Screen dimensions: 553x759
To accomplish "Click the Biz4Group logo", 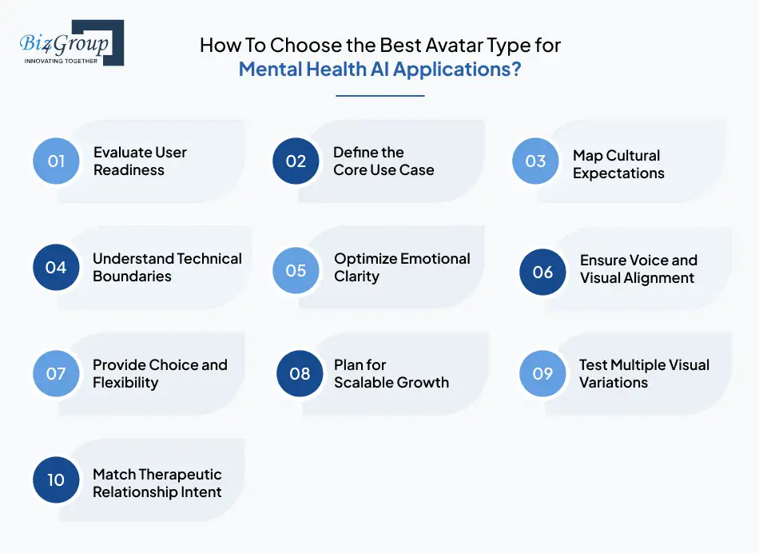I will click(x=70, y=42).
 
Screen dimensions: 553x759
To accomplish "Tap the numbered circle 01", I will click(x=56, y=161).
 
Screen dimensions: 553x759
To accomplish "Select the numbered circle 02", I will click(x=296, y=161).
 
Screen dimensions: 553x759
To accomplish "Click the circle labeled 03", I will click(x=535, y=161).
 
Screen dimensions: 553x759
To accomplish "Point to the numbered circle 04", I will click(x=56, y=267).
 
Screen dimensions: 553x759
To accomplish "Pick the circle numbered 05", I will click(x=296, y=269).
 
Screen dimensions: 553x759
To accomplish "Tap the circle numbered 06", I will click(x=542, y=272).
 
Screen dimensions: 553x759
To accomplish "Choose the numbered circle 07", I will click(x=56, y=373).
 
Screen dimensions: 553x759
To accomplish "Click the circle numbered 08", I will click(x=300, y=373).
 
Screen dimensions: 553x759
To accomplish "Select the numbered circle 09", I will click(x=542, y=373).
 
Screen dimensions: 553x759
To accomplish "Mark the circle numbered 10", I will click(x=56, y=480).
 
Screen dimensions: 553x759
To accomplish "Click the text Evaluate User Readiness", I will click(x=140, y=161).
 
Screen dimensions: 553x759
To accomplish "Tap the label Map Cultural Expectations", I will click(x=618, y=164).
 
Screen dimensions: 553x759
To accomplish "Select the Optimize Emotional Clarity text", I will click(x=402, y=268).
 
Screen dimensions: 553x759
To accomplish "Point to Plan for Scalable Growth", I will click(x=391, y=373).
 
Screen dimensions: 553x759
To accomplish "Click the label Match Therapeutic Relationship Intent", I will click(x=157, y=483).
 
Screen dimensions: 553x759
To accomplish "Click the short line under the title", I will click(x=379, y=96).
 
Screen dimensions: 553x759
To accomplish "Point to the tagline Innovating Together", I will click(x=61, y=61).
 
